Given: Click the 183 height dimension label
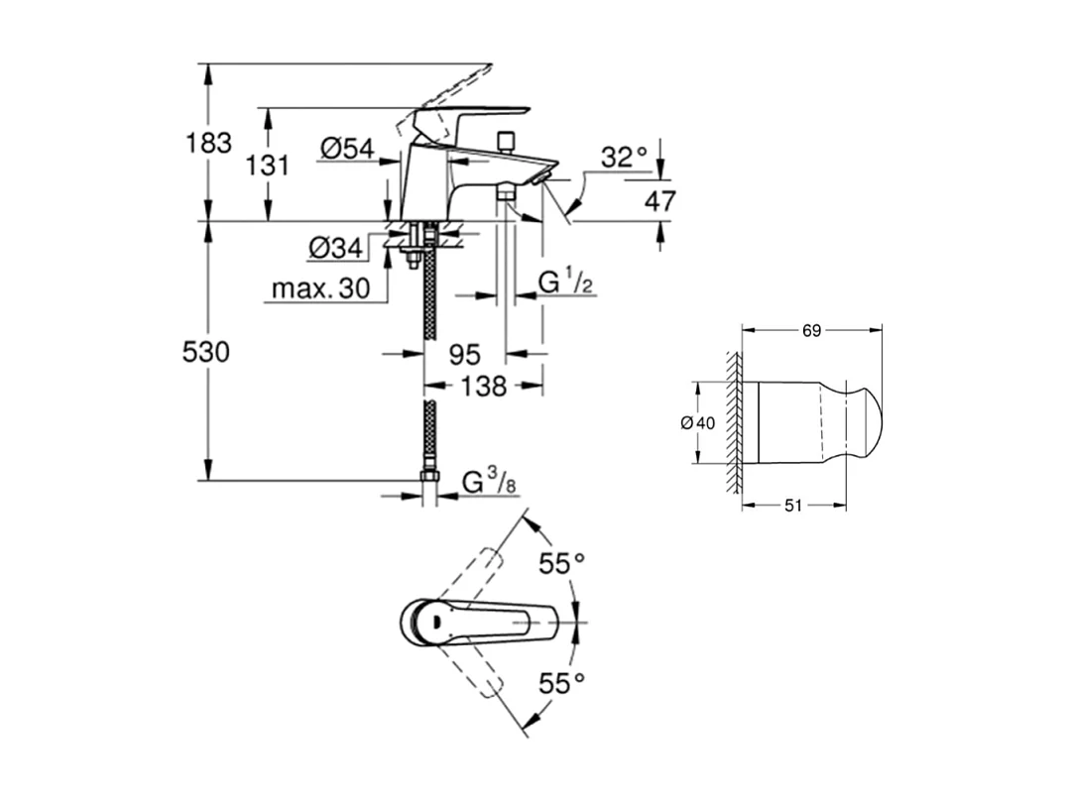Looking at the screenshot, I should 208,143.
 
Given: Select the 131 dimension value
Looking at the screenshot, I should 267,166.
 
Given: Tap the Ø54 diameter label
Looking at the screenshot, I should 347,149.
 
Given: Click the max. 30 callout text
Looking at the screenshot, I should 318,289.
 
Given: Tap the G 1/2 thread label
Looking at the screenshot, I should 566,283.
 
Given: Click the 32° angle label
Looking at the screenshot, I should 623,157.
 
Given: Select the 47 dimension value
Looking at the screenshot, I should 659,201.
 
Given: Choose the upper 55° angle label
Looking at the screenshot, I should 561,564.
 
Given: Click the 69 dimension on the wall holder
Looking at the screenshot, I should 811,331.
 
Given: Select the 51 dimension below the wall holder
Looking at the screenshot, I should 793,506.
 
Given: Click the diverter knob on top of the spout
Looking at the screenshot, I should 507,140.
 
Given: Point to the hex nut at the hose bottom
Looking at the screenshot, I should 429,478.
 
